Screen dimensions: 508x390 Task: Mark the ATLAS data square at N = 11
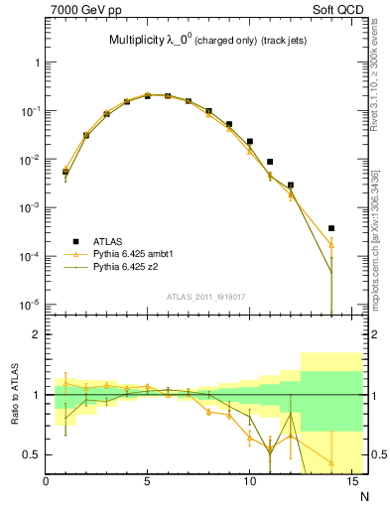point(270,162)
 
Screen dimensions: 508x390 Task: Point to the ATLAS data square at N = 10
point(249,142)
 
